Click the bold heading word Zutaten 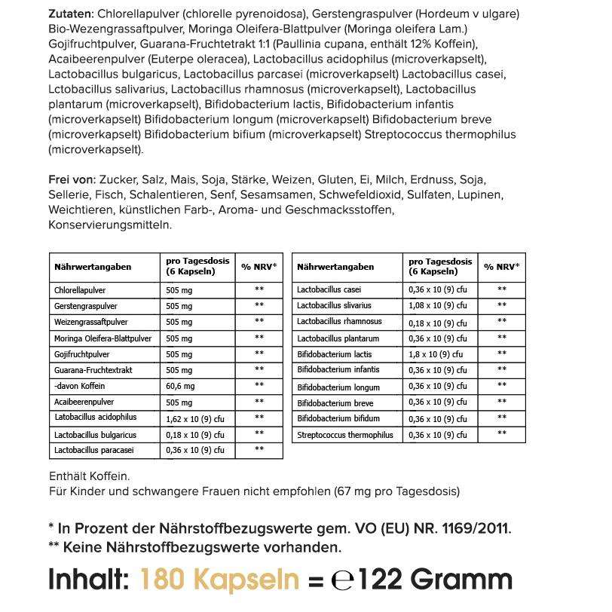click(71, 14)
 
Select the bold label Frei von click(71, 179)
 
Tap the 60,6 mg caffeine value click(179, 385)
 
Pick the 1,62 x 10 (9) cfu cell click(195, 418)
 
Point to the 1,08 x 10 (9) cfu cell click(438, 305)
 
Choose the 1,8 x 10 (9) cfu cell click(435, 353)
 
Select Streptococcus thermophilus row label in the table click(345, 435)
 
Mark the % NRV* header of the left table click(259, 267)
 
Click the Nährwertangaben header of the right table click(335, 267)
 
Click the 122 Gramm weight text click(434, 579)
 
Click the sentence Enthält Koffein click(89, 476)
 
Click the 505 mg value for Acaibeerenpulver click(179, 402)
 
